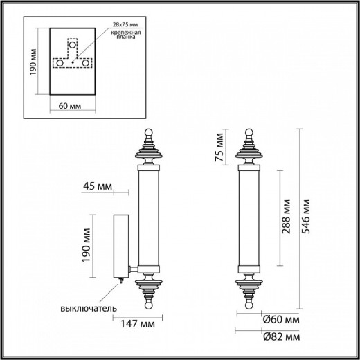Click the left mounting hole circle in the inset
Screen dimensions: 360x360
pyautogui.click(x=60, y=63)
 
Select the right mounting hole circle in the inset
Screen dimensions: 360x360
pyautogui.click(x=86, y=63)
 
